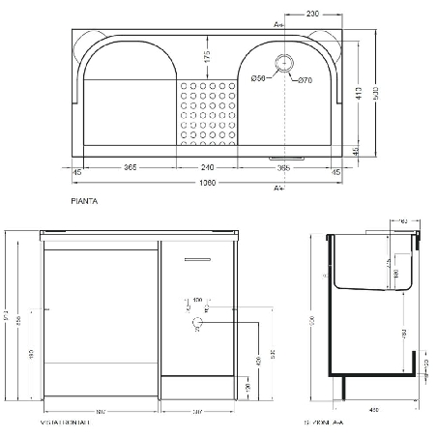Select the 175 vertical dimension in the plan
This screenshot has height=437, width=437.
[x=207, y=57]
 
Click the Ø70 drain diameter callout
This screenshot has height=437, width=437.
[x=306, y=78]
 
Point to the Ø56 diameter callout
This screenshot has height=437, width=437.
[x=258, y=78]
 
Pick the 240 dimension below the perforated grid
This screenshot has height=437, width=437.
[x=206, y=167]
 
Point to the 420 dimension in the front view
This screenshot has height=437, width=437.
[x=258, y=361]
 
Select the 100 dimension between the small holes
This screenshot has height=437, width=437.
[x=198, y=301]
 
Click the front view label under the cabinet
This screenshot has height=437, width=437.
[x=65, y=422]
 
